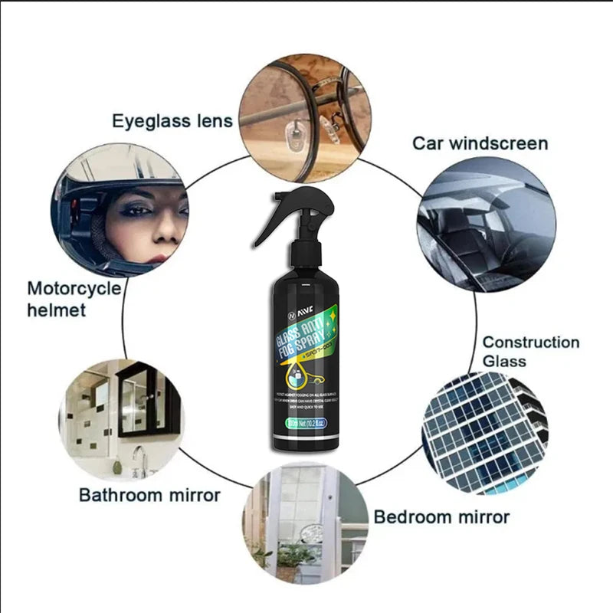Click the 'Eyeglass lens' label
172,121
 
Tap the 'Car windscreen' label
480,143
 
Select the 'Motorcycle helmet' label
74,299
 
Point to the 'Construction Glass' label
530,351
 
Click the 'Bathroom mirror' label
149,494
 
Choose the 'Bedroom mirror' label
441,517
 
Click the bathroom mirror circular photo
121,418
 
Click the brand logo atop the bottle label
293,315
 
